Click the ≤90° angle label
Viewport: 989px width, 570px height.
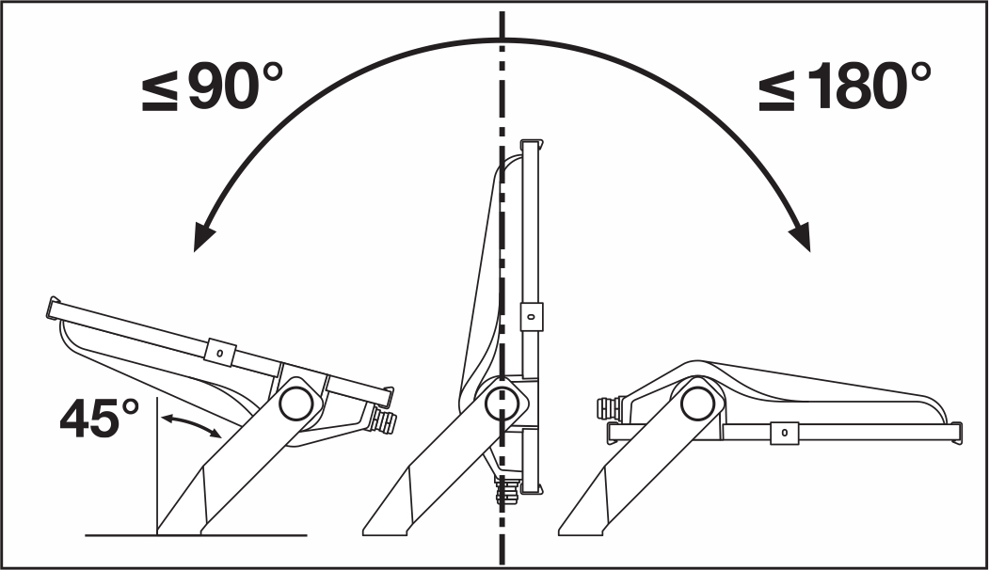point(212,87)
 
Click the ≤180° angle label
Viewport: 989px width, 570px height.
point(845,87)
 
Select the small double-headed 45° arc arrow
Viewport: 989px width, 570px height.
point(190,423)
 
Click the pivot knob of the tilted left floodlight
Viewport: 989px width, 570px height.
point(295,402)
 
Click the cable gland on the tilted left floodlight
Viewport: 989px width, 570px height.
point(384,420)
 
